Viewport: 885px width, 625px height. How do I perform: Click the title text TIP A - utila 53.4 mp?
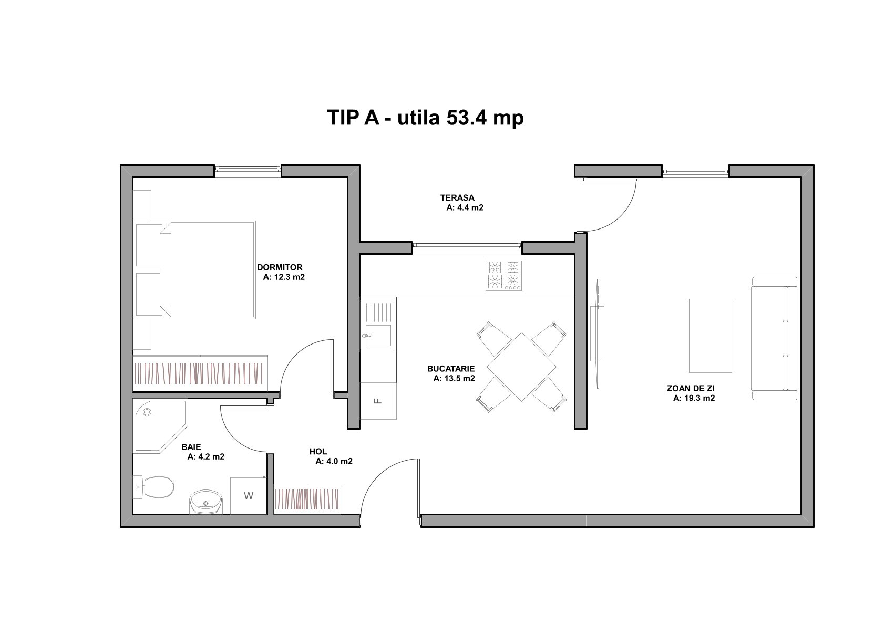[x=426, y=118]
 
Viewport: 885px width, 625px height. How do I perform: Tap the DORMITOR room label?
[x=280, y=267]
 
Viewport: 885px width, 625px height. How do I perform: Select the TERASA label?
[x=458, y=197]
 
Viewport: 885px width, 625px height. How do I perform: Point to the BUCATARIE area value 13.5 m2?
[x=454, y=378]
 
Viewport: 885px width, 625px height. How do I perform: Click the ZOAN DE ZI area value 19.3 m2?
[x=694, y=398]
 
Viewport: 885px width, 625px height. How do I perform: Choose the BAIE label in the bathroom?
[x=191, y=446]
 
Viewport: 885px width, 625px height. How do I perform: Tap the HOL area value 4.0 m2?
[x=334, y=461]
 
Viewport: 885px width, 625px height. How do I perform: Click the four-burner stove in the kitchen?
[x=504, y=275]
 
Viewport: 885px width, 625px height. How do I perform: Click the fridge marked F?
[x=378, y=401]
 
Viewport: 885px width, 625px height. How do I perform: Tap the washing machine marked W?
[x=249, y=495]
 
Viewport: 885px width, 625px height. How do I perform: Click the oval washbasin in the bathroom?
[x=205, y=502]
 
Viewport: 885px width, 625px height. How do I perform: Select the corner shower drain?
[x=147, y=412]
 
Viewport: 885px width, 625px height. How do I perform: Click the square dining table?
[x=521, y=367]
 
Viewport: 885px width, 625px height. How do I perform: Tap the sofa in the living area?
[x=775, y=338]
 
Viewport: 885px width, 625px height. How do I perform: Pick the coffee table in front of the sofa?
[x=711, y=336]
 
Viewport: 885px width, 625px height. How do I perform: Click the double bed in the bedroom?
[x=208, y=269]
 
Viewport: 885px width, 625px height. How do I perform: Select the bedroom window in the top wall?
[x=248, y=169]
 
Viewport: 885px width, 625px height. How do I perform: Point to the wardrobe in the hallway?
[x=307, y=498]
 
